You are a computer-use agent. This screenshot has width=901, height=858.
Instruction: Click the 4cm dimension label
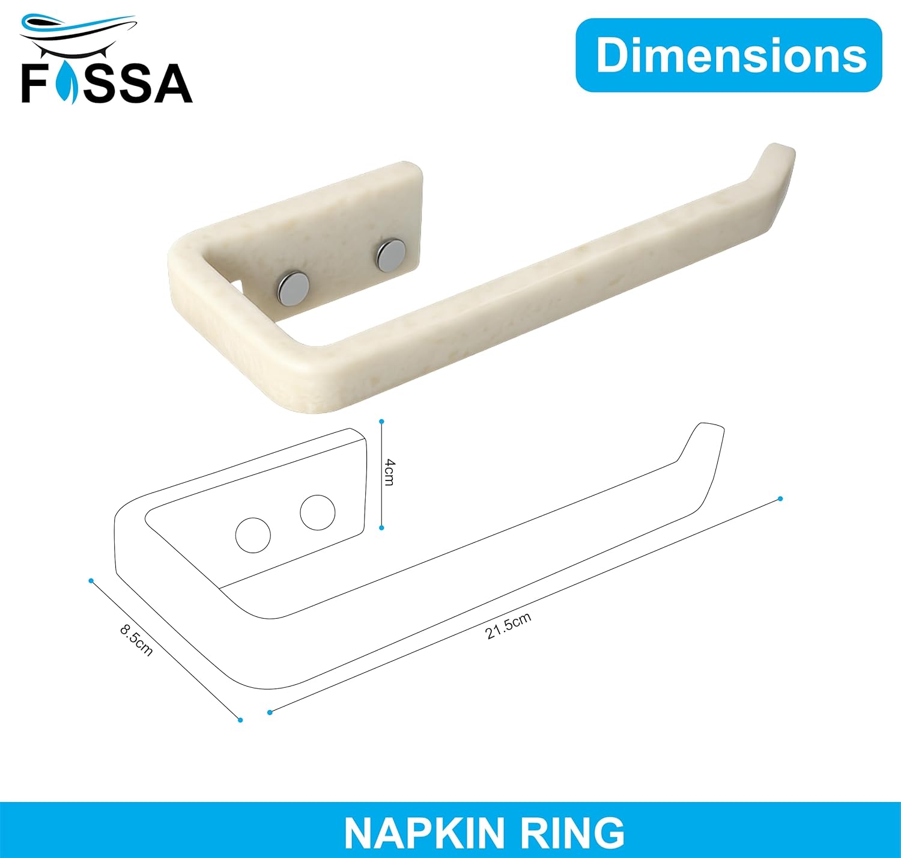click(x=390, y=472)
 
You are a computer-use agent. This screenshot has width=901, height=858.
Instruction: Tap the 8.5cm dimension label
click(x=136, y=639)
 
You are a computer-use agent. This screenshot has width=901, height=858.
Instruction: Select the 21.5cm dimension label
click(x=508, y=626)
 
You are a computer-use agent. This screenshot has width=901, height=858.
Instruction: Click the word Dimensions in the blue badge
click(x=730, y=55)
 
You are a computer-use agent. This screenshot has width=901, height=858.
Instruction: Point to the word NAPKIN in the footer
click(x=425, y=833)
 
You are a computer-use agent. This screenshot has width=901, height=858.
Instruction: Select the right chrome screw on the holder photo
click(x=390, y=255)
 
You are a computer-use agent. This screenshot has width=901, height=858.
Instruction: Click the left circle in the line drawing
click(x=253, y=535)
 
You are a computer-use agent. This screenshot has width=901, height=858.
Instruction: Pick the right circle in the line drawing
click(x=317, y=512)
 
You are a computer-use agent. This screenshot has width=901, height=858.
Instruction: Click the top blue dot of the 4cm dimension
click(x=381, y=422)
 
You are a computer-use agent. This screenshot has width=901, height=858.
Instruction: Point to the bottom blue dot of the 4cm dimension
click(x=381, y=528)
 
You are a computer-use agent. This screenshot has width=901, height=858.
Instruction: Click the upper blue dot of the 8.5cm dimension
click(x=91, y=580)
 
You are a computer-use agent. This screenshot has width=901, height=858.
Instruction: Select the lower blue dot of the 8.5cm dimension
click(x=240, y=720)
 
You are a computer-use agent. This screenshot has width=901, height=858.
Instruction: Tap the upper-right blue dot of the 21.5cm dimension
click(x=780, y=499)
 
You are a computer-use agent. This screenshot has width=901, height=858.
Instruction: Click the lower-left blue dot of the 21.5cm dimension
click(x=270, y=712)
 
